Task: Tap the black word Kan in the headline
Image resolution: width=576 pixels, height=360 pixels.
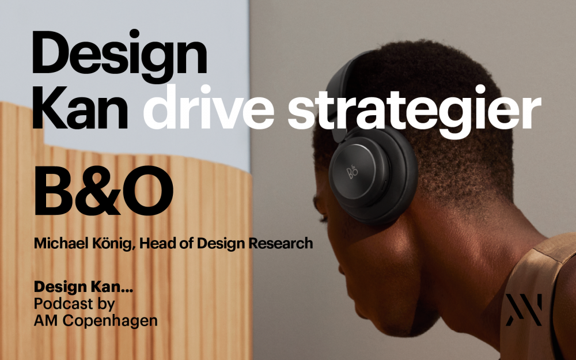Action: (81, 107)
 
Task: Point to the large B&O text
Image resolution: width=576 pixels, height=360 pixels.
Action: (104, 191)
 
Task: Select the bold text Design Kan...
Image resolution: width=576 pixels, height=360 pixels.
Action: (84, 287)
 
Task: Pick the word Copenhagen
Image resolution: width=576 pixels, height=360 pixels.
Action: (110, 321)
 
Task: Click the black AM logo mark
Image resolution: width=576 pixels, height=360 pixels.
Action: (524, 310)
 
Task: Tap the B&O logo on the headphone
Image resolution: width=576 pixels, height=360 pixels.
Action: (352, 172)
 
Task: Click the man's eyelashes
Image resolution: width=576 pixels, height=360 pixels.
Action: (324, 219)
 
